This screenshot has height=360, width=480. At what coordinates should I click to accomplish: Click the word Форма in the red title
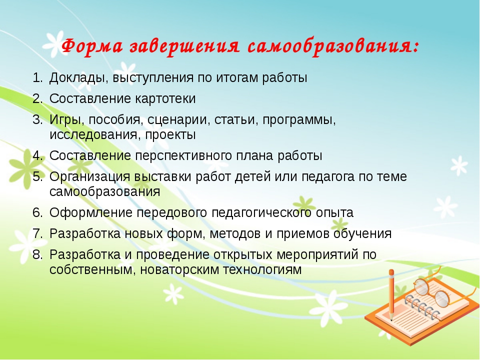click(92, 46)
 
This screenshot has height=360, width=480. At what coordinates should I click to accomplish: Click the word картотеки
click(165, 98)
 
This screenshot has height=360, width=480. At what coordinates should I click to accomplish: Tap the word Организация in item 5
click(90, 177)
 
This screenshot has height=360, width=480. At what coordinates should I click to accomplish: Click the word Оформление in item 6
click(91, 213)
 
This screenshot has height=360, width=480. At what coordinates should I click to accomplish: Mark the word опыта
click(334, 213)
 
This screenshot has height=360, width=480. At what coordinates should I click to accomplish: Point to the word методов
click(235, 234)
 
